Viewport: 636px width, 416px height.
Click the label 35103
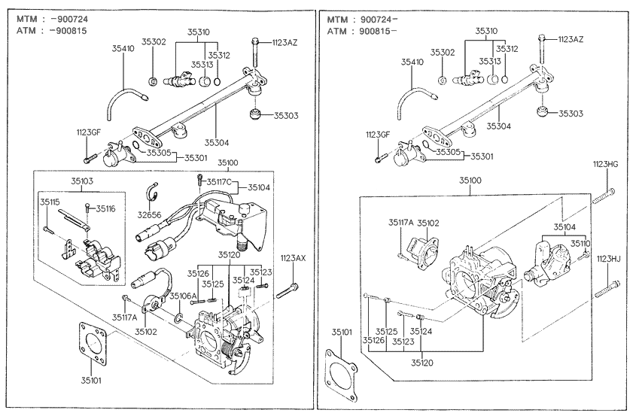click(83, 181)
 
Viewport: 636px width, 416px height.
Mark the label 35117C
click(217, 181)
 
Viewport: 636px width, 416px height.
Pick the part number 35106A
click(183, 296)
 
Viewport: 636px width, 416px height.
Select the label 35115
click(50, 202)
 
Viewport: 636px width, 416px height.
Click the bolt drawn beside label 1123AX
click(290, 290)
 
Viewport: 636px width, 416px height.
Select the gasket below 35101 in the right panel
click(344, 376)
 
